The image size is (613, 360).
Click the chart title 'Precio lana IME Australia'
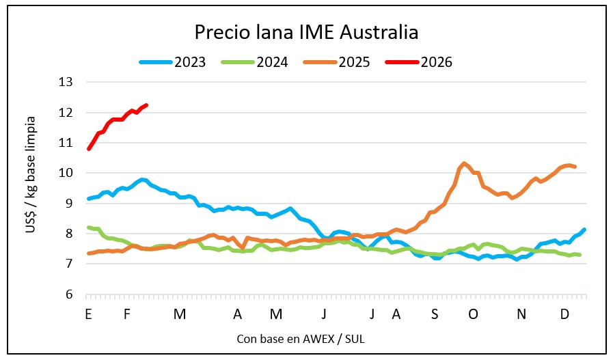click(x=306, y=32)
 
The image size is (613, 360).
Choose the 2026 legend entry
click(x=437, y=62)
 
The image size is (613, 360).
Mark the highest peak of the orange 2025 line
click(x=464, y=163)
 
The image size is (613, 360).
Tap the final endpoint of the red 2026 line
click(x=146, y=105)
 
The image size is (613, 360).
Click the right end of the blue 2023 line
click(x=584, y=230)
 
